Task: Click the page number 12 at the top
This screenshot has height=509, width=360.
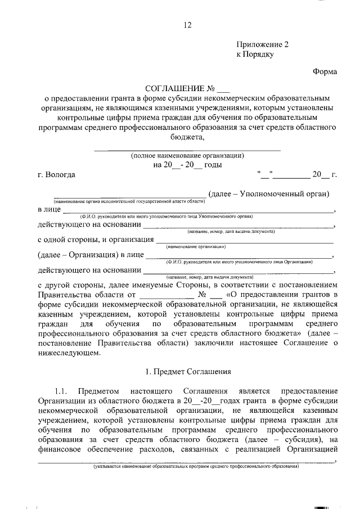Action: pos(188,24)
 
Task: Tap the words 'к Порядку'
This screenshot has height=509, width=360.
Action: pos(255,55)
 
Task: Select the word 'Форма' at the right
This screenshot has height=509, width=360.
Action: pos(325,71)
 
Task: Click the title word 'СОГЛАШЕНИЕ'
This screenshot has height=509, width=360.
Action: pos(173,89)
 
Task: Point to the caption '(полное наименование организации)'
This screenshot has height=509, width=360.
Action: pos(187,156)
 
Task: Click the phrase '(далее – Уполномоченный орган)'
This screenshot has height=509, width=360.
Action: pos(268,194)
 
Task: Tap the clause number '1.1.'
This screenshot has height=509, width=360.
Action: pos(62,390)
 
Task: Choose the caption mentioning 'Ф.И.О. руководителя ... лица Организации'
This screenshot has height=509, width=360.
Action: pos(239,262)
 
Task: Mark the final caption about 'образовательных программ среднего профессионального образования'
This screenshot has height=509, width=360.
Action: pos(196,467)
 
